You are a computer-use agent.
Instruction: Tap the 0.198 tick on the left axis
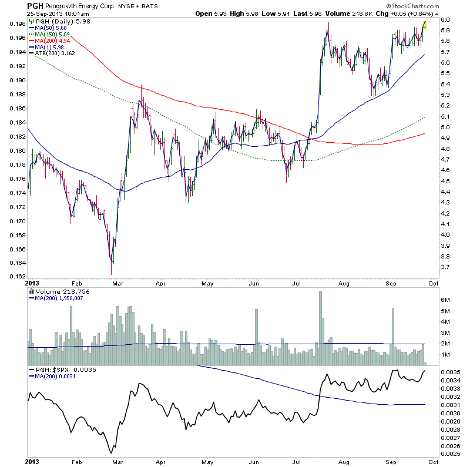pos(16,23)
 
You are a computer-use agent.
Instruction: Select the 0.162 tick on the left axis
pos(16,276)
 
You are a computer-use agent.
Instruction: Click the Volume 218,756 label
pos(61,291)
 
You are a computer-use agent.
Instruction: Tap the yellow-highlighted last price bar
pos(424,24)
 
